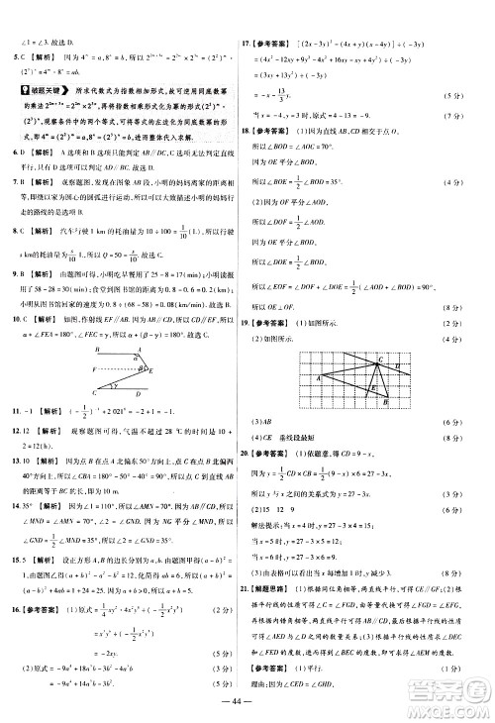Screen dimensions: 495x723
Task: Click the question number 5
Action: tap(8, 56)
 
